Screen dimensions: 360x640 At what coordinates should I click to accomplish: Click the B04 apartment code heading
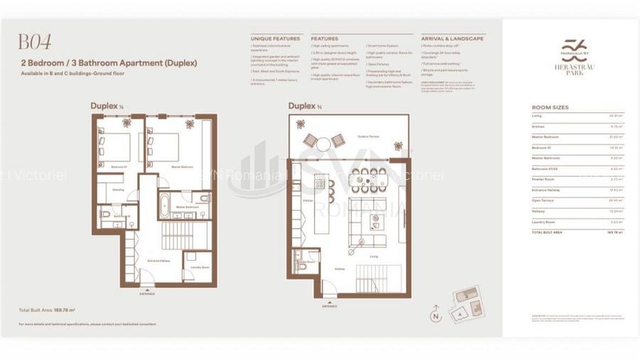[34, 42]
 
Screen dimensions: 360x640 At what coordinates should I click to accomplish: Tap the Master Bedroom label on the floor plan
[182, 166]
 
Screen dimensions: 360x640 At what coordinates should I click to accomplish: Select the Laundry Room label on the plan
[200, 268]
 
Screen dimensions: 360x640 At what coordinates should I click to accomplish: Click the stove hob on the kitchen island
[320, 184]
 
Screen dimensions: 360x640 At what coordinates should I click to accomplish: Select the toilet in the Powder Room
[301, 257]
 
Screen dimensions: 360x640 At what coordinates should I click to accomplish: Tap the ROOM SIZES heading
[550, 107]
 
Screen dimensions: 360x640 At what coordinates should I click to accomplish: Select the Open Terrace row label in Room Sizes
[543, 200]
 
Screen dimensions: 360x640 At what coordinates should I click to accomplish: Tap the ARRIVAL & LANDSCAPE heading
[452, 38]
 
